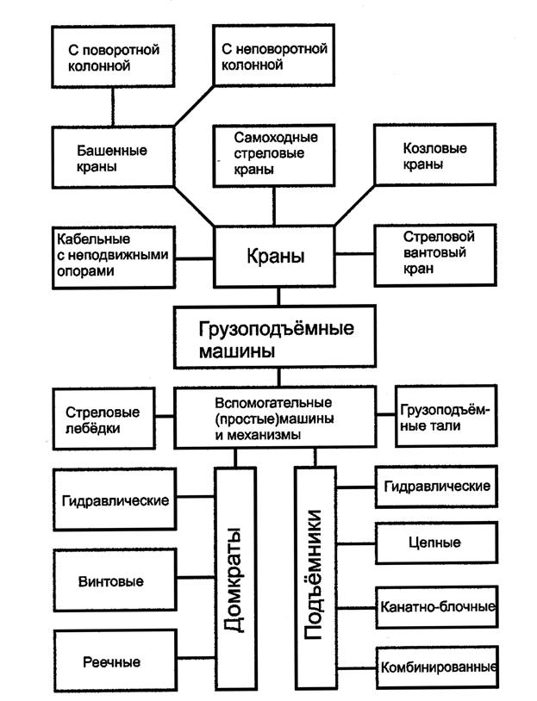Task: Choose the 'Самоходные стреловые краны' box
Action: (275, 153)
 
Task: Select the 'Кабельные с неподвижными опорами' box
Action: (113, 257)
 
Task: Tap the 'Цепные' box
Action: (436, 543)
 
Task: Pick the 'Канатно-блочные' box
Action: (436, 606)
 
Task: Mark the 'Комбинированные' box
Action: (436, 667)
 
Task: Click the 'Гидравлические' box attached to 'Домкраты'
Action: (113, 500)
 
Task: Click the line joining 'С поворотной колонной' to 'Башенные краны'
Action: (113, 107)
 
